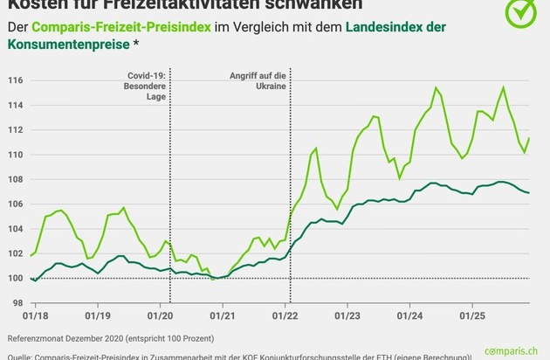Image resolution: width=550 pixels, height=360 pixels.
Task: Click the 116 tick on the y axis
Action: pyautogui.click(x=16, y=80)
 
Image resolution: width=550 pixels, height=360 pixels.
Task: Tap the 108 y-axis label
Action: pyautogui.click(x=16, y=179)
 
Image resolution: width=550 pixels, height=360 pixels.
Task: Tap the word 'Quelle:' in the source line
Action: pyautogui.click(x=21, y=356)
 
